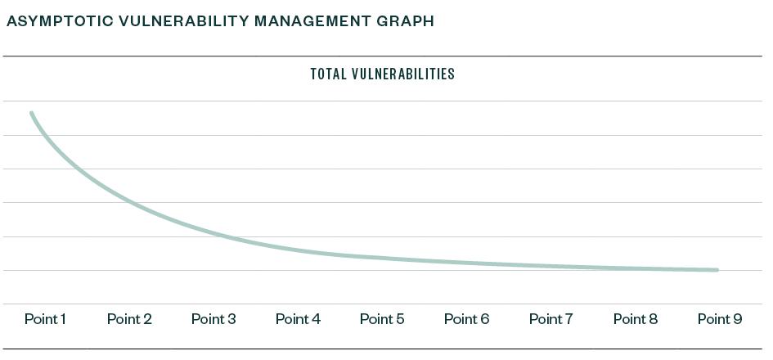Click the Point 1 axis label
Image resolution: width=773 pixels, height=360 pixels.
(45, 319)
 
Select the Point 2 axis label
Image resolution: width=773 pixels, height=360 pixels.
(129, 319)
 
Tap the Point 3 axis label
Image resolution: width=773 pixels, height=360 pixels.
(213, 319)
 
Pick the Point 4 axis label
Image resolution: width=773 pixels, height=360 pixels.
(298, 319)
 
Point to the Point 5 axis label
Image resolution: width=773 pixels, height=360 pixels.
(382, 319)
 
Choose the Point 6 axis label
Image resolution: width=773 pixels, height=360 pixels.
(466, 319)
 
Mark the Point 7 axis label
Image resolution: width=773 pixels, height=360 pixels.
(551, 319)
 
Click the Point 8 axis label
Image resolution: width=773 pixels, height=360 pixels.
(635, 319)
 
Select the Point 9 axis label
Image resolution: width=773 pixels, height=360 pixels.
(719, 319)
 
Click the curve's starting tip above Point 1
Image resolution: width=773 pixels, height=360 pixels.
(32, 113)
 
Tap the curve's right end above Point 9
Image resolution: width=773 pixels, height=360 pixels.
(717, 270)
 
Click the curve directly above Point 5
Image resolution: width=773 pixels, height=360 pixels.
(382, 258)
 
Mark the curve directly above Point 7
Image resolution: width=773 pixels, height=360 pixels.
(551, 266)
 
